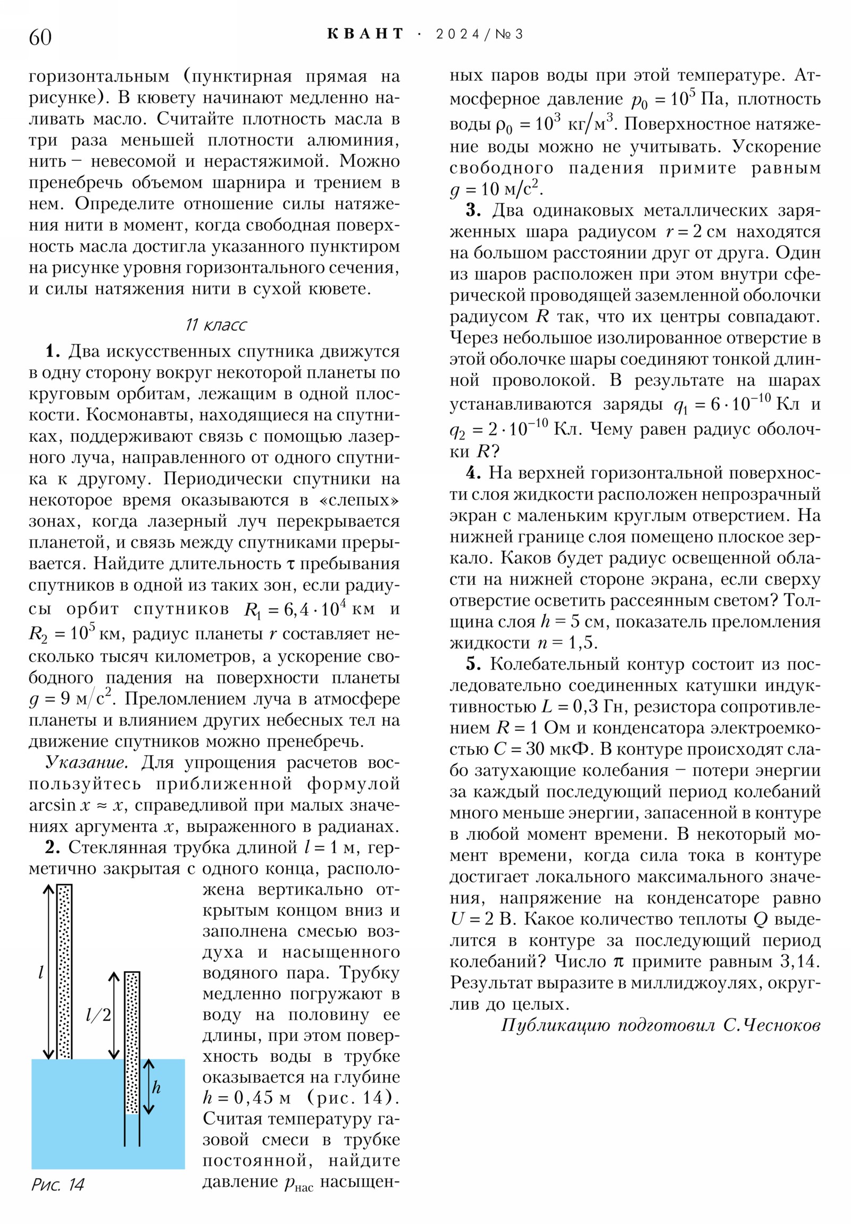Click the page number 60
click(x=40, y=37)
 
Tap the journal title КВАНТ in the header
click(x=365, y=34)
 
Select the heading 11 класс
click(x=216, y=325)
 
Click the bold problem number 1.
click(x=53, y=351)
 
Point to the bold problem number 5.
click(x=473, y=664)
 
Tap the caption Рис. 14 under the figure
click(x=57, y=1185)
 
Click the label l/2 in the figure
click(x=98, y=1015)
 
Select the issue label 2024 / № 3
click(x=479, y=35)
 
